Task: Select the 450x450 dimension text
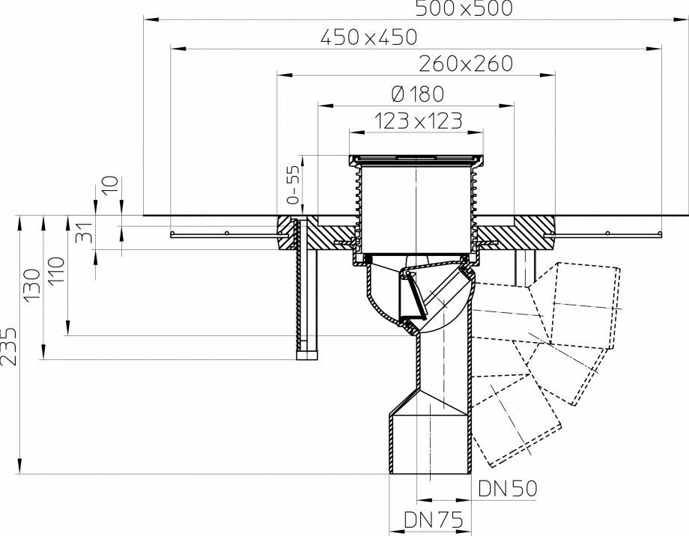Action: tap(368, 37)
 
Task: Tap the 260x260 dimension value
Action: tap(466, 64)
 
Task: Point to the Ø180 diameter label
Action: tap(417, 94)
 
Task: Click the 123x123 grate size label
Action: tap(417, 121)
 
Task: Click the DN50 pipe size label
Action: tap(508, 489)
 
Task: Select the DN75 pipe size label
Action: tap(433, 519)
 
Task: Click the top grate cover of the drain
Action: tap(416, 159)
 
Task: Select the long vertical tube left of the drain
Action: tap(307, 292)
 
